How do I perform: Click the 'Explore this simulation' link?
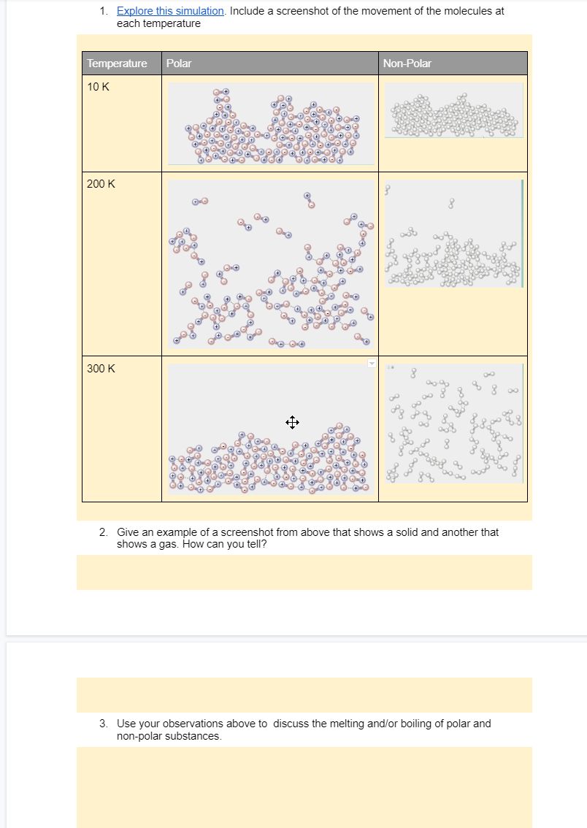pos(170,11)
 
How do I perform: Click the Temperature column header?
pos(117,64)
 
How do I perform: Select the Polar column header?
pos(179,64)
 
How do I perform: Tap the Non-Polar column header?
pos(407,64)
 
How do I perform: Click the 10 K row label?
pos(99,87)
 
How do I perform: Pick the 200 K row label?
pos(101,184)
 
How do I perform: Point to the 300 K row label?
pos(101,368)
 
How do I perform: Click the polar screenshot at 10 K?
pos(271,123)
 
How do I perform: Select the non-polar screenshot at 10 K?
pos(453,110)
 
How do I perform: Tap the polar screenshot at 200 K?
pos(271,264)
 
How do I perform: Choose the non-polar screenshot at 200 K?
pos(453,234)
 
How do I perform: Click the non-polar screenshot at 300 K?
pos(453,423)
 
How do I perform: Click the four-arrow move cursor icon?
pos(291,423)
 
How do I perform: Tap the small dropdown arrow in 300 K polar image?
pos(371,363)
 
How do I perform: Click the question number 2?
pos(104,532)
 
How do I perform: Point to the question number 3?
pos(104,724)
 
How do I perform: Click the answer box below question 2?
pos(304,572)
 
